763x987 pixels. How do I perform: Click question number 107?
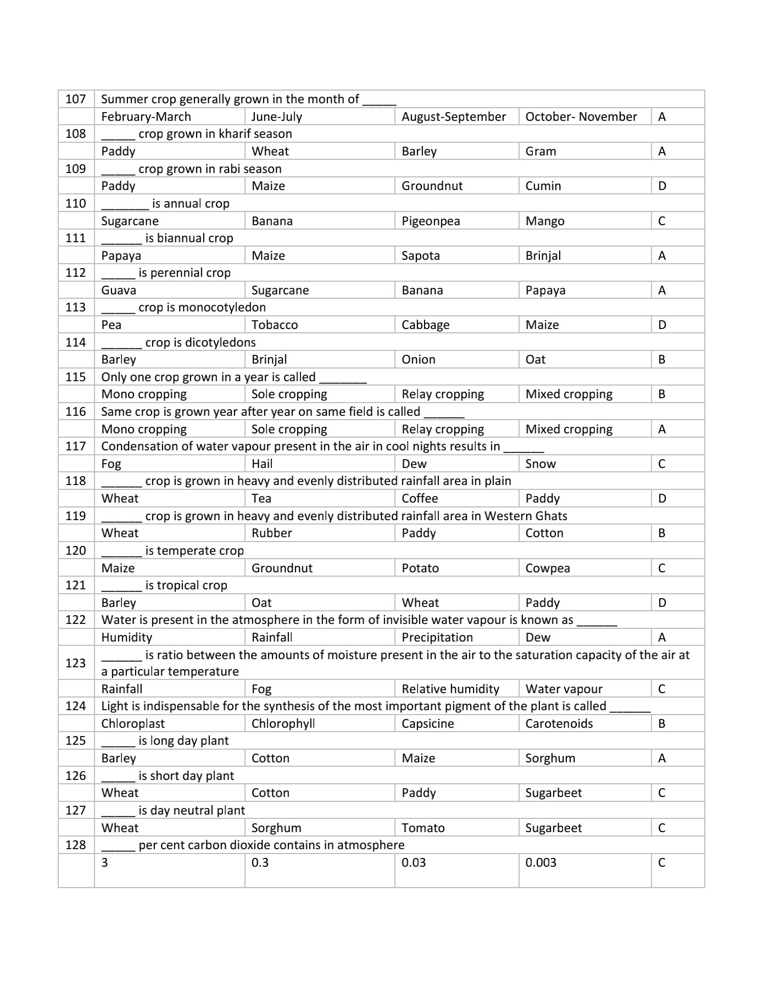[76, 99]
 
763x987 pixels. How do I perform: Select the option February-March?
[146, 117]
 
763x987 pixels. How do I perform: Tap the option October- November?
[581, 117]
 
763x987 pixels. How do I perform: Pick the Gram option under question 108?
[541, 152]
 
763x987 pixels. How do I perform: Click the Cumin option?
[543, 186]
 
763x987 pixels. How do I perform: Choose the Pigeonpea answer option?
[431, 221]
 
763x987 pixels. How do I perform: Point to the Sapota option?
[420, 256]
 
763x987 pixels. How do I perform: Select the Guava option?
[119, 291]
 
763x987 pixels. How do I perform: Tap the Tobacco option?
[275, 325]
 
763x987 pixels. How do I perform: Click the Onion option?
[418, 360]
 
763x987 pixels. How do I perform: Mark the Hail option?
[262, 464]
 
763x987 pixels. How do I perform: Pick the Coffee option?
[420, 499]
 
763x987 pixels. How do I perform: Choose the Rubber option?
[271, 533]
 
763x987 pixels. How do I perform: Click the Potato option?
[420, 568]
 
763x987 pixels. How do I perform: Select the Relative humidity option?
[450, 689]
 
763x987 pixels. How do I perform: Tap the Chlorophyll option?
[283, 724]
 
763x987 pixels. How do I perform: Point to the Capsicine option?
[427, 724]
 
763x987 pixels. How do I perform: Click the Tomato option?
[423, 828]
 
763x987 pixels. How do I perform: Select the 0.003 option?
[541, 863]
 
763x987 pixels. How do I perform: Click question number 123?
[76, 663]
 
